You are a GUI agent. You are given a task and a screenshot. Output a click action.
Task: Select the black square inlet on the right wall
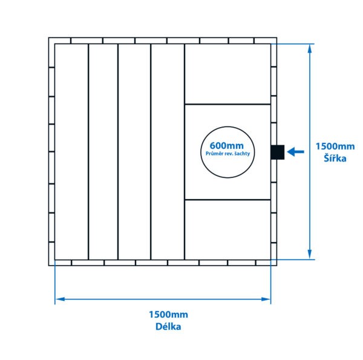coord(277,152)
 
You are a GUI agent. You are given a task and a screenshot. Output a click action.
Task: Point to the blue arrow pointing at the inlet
coord(295,152)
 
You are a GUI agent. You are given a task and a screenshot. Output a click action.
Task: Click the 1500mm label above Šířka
coord(335,146)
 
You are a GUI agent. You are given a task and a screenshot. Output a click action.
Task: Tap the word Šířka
coord(335,159)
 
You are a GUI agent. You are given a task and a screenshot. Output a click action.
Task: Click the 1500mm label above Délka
coord(168,315)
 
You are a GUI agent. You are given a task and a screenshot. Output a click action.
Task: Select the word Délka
coord(168,327)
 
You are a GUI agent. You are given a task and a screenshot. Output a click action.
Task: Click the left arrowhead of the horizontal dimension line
coord(59,298)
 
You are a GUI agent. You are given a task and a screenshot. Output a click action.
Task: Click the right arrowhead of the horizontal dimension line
coord(266,298)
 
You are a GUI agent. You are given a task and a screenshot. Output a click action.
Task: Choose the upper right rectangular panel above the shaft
coord(227,73)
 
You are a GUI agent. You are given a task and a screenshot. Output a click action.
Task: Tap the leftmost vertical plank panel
coord(71,151)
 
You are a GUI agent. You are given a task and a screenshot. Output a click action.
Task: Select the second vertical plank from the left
coord(103,151)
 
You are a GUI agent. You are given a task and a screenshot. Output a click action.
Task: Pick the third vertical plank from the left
coord(134,151)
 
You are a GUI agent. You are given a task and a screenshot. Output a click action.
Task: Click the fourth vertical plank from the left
coord(167,151)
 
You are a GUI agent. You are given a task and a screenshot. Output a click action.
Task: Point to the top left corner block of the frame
coord(51,41)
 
